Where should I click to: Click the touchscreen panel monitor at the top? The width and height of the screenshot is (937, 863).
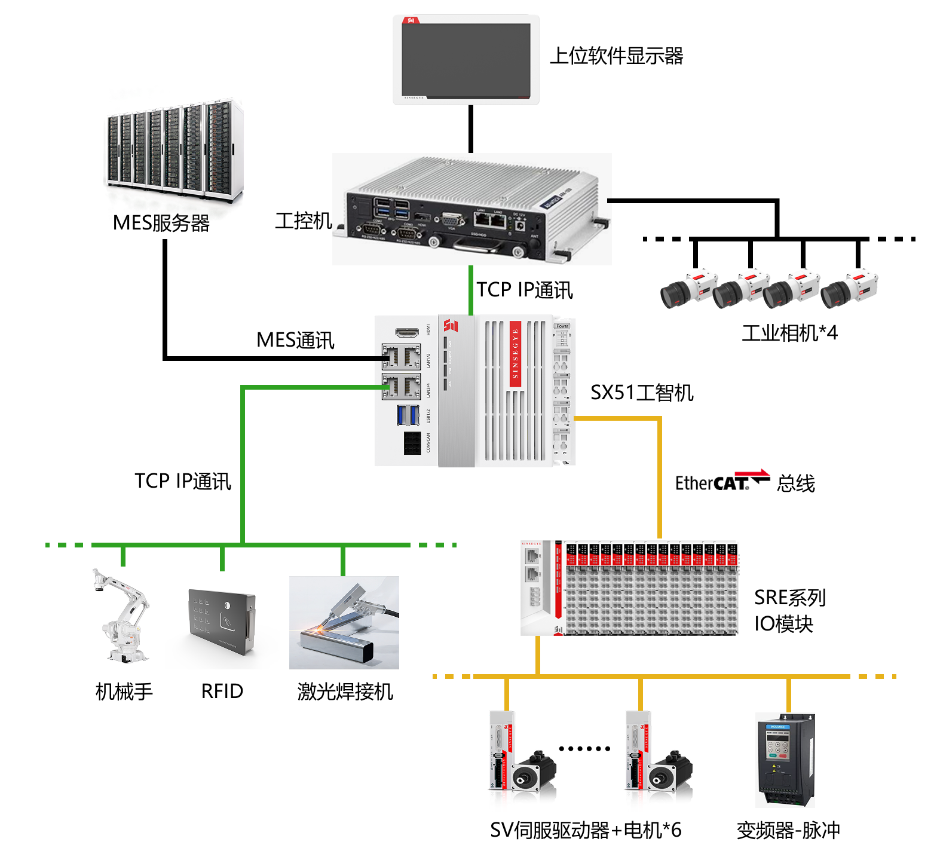[466, 60]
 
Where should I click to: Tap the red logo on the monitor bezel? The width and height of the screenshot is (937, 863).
[411, 20]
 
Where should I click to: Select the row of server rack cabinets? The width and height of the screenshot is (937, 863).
[173, 149]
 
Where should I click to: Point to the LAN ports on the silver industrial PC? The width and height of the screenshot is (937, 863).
[489, 219]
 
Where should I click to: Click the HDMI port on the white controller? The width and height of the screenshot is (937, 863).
[406, 332]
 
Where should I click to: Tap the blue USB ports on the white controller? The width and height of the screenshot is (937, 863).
[408, 415]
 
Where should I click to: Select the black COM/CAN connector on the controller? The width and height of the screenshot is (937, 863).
[412, 443]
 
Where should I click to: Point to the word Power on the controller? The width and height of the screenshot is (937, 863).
[562, 326]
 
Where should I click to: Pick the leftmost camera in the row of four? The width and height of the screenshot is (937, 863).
[687, 289]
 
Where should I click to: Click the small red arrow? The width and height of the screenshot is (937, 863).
[752, 473]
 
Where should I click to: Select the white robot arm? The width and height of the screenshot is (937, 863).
[123, 616]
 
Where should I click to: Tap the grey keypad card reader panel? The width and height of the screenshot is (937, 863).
[221, 622]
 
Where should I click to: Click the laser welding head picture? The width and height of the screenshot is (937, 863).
[344, 622]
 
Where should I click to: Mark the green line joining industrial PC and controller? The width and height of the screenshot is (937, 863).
[471, 290]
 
